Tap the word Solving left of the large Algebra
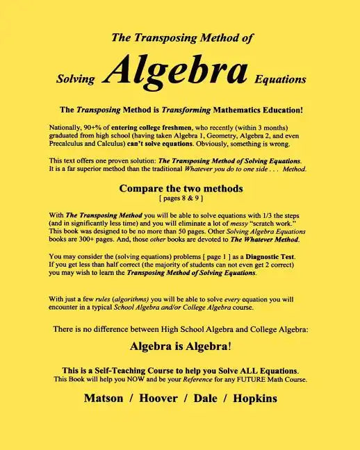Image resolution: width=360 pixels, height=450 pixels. [75, 79]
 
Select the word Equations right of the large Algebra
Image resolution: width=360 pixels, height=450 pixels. [281, 79]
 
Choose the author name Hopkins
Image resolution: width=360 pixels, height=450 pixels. [255, 399]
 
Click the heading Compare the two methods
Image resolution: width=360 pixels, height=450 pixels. [180, 188]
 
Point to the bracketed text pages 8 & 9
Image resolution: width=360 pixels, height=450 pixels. [180, 198]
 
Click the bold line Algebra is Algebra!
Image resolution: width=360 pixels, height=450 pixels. [180, 345]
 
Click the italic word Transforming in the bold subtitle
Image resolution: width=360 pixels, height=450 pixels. [165, 110]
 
